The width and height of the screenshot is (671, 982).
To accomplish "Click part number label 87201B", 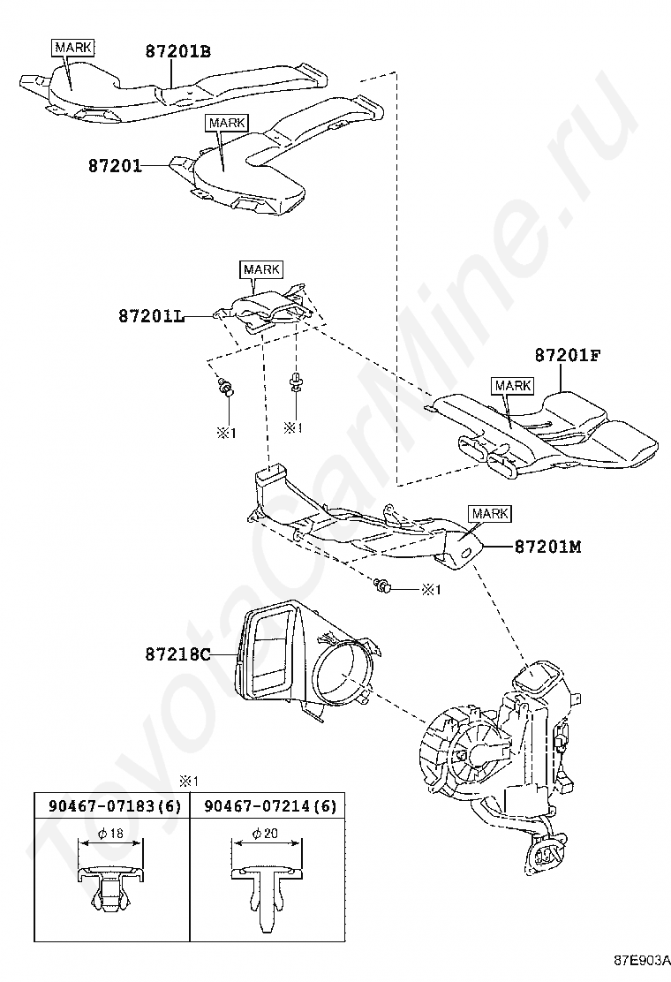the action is point(178,50).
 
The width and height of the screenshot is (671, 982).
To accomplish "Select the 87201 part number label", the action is point(115,166).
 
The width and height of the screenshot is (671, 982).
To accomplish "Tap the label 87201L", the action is point(152,316).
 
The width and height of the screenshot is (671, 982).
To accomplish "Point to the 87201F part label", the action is point(568,355).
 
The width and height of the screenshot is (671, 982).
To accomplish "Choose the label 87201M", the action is point(547,547).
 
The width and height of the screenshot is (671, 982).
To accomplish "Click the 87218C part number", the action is point(177,654).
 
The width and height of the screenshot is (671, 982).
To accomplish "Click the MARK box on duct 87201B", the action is point(74,47).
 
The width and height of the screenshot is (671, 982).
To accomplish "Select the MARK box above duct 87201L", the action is point(261,269).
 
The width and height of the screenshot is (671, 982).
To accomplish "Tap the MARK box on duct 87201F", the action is point(513,386).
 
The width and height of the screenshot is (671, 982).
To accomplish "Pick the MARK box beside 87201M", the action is point(490,514).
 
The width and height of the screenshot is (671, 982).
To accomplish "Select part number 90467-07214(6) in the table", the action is point(270,805).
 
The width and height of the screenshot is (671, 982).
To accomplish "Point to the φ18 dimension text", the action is point(111,833).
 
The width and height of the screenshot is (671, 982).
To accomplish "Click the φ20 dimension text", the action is point(266,833).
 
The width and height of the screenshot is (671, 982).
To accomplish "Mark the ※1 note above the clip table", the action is point(188,781).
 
